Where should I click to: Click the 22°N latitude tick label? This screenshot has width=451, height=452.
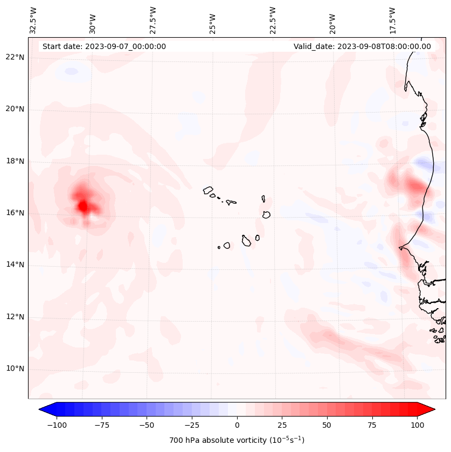[x=15, y=58]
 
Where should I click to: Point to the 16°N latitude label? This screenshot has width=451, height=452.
[x=15, y=213]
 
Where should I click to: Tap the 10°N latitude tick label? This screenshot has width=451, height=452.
[x=15, y=368]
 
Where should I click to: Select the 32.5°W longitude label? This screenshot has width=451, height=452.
[x=33, y=20]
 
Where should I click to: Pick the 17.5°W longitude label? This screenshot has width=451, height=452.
[x=393, y=20]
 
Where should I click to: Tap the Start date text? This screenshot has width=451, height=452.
[x=104, y=46]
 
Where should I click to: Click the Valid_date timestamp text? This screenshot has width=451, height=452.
[x=362, y=46]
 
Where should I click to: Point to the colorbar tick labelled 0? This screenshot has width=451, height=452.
[x=237, y=425]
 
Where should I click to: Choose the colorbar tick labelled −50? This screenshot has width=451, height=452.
[x=147, y=425]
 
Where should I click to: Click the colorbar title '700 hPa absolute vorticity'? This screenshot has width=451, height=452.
[x=237, y=440]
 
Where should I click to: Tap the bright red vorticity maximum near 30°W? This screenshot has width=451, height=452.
[x=82, y=205]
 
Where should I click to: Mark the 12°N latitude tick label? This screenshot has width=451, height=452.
[x=15, y=317]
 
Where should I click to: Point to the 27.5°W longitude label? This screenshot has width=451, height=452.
[x=153, y=20]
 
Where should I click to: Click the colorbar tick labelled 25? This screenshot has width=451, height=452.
[x=282, y=425]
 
